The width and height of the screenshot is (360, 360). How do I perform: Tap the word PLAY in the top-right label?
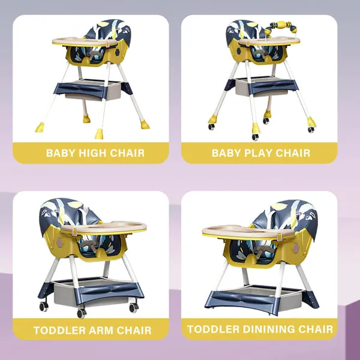tap(260, 153)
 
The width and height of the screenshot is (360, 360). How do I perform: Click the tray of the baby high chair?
tap(84, 42)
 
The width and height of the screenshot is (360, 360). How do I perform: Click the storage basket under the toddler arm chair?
tap(90, 291)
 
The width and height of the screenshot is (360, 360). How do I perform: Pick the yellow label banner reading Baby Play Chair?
tap(260, 153)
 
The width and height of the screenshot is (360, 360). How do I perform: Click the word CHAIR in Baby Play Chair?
tap(293, 153)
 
